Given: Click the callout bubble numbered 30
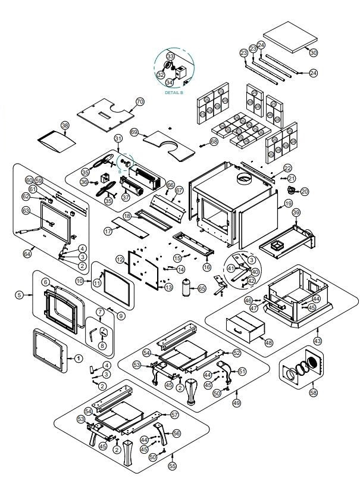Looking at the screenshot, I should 314,52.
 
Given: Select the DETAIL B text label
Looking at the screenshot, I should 174,94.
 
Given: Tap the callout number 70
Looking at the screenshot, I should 140,101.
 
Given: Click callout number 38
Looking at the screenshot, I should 65,125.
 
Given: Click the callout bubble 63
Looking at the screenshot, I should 26,210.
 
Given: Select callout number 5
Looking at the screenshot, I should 19,294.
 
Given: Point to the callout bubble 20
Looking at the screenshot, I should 305,191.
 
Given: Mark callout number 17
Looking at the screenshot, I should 108,229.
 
